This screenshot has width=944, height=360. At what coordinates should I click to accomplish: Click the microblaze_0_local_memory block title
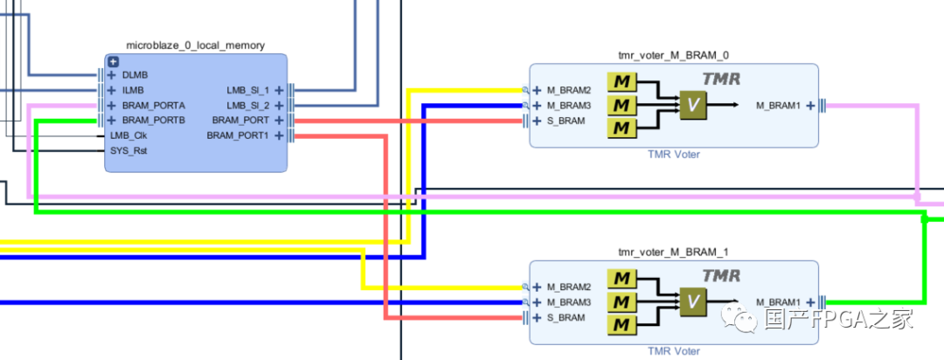coord(196,45)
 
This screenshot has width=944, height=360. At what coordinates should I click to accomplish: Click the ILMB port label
coord(133,90)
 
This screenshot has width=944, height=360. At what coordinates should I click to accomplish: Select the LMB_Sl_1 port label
coord(248,90)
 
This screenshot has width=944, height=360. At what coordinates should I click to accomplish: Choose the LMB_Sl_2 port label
coord(248,105)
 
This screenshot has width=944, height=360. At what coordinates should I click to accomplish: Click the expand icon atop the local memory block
coord(113,61)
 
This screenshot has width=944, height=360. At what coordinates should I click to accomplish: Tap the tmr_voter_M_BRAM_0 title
coord(673,54)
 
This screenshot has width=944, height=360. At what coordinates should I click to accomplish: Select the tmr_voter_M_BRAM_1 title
coord(673,252)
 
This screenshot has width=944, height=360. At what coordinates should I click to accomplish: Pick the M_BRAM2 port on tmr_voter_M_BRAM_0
coord(569,90)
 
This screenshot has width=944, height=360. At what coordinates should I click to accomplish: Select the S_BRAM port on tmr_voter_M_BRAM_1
coord(566,317)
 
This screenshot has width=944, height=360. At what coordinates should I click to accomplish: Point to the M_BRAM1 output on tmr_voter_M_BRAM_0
coord(778,106)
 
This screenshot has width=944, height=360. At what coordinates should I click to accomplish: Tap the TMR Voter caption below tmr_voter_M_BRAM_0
coord(673,155)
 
